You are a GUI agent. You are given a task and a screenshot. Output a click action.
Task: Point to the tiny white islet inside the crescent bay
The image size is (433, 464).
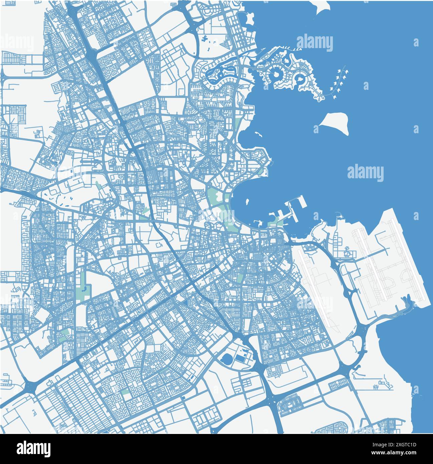(247, 202)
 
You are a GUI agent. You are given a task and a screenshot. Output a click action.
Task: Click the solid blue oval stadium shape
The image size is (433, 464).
(227, 360)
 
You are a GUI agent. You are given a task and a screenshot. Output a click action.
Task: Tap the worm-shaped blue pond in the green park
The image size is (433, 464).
(86, 288)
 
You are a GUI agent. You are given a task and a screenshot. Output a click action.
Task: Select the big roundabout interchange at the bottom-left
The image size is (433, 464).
(31, 386)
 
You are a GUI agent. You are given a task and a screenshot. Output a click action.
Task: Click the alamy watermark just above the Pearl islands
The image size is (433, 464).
(314, 43)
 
